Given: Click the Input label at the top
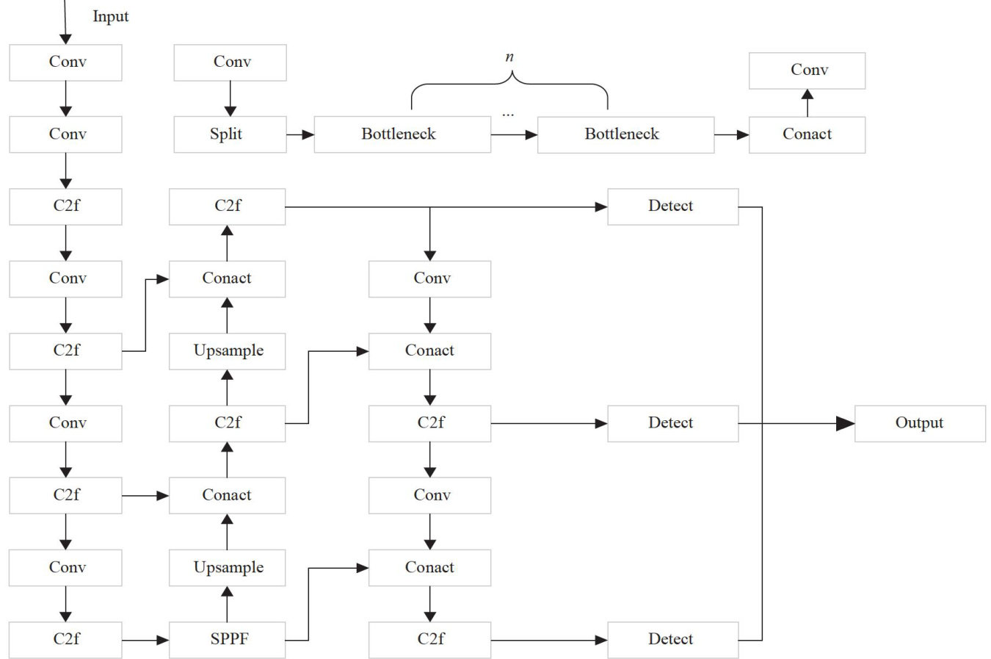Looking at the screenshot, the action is point(111,17).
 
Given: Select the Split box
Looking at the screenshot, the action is point(230,134).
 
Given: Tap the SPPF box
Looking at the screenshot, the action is point(227,640).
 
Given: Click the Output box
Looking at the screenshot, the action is point(920,423).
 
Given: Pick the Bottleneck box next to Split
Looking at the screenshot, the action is point(402,134).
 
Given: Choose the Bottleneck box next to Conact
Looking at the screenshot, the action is point(625,134).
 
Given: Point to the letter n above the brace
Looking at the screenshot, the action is point(509,57).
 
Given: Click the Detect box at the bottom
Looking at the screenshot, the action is point(673,640).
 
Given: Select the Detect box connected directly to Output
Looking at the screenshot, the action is point(673,423).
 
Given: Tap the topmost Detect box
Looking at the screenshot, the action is point(673,207).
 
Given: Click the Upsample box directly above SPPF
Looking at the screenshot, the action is point(227,568).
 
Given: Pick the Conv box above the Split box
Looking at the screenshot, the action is point(230,62).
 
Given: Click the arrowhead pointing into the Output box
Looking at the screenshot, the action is point(846,423).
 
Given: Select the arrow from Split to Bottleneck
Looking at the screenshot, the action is point(300,134).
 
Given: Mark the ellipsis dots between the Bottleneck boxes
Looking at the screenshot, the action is point(508,115).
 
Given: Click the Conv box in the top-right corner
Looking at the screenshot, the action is point(807,71).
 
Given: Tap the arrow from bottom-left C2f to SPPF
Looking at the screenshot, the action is point(145,640).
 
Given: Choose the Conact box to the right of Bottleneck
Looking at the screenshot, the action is point(807,134).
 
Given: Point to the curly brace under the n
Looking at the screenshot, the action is point(509,84).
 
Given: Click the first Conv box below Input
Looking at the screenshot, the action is point(65,62).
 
